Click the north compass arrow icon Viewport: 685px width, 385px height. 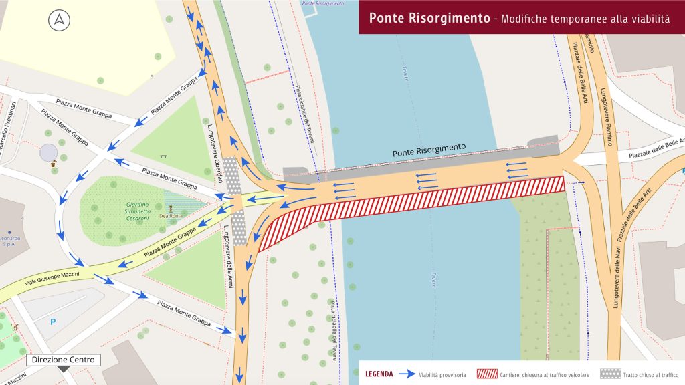(59, 21)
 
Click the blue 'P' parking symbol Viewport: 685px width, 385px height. (54, 322)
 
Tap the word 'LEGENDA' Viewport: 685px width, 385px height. (379, 374)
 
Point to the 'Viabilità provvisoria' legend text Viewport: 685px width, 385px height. (442, 375)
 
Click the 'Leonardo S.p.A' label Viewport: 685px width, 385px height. (9, 241)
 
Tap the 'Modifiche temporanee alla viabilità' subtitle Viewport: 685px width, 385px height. (584, 19)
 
